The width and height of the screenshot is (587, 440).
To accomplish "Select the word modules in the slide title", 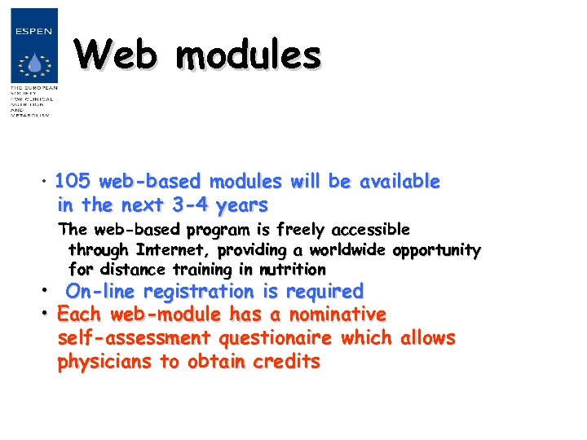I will pos(248,55).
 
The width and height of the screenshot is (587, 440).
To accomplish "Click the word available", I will pos(399,181).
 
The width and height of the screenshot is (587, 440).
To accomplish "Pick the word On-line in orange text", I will pos(101,291).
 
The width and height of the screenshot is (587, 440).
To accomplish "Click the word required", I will pos(324,291).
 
